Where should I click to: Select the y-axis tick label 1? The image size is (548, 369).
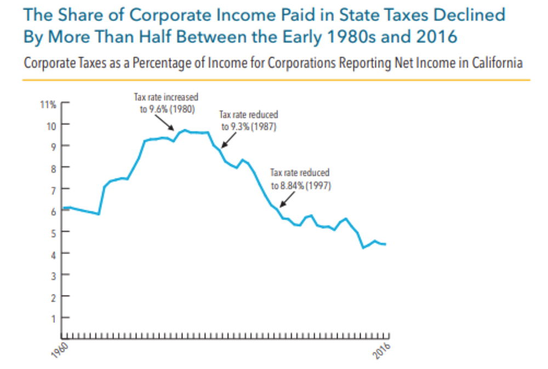[x=53, y=318]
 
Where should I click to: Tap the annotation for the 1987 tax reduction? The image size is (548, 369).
[x=248, y=121]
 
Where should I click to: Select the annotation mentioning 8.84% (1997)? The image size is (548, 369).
[x=301, y=179]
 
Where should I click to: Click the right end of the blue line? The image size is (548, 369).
[x=386, y=244]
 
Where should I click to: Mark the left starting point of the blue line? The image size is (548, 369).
[x=63, y=208]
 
